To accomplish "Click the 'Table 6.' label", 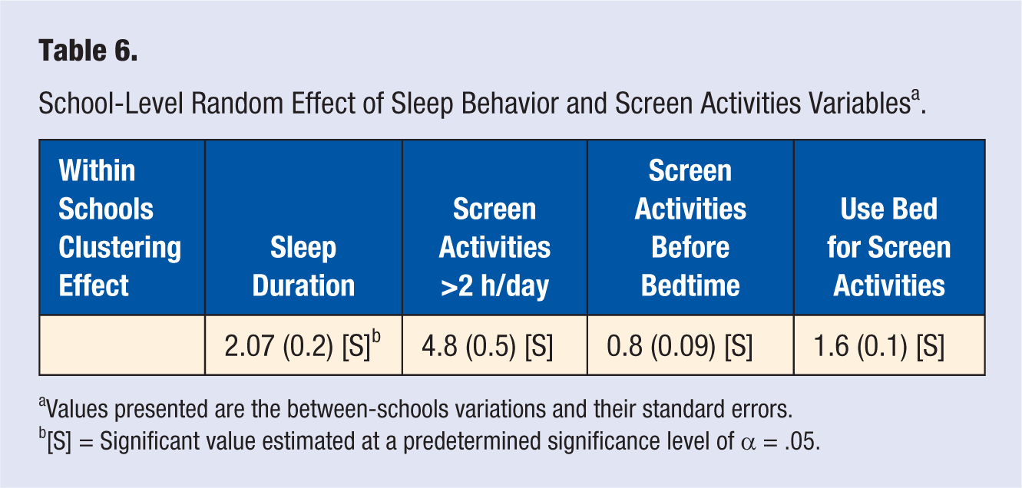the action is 88,50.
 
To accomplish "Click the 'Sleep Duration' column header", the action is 303,266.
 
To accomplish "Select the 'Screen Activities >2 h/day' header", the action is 494,247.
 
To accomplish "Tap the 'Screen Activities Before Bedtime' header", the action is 690,228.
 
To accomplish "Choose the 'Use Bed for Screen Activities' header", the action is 889,247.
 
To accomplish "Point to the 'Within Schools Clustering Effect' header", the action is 120,228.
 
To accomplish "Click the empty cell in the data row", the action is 122,345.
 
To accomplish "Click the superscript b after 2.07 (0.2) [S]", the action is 376,336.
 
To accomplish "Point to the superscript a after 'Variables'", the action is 915,95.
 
